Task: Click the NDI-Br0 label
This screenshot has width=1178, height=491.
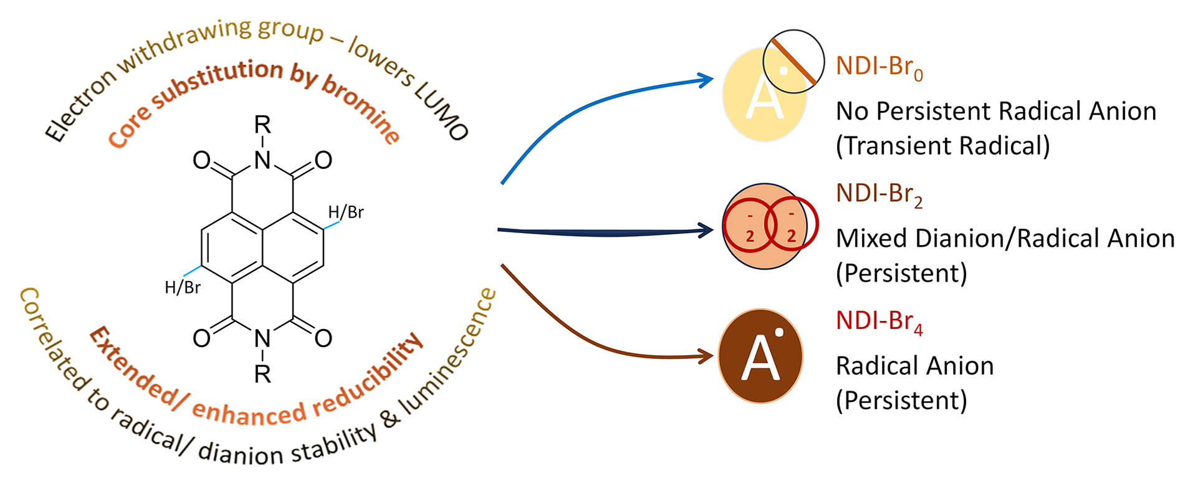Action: [879, 67]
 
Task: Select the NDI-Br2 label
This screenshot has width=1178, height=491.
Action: [879, 194]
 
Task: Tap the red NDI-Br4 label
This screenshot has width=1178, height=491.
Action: [879, 322]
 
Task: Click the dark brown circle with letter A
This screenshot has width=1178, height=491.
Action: [760, 356]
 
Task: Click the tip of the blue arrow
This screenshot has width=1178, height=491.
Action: [713, 79]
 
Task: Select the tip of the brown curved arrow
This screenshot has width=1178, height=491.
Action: [713, 356]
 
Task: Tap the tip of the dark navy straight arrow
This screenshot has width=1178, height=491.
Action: [713, 230]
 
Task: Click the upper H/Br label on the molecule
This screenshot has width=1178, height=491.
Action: [346, 212]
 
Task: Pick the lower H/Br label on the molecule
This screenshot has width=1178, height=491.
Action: [183, 287]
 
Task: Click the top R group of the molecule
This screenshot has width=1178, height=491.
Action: [262, 125]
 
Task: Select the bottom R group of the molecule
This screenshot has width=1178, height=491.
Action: [262, 374]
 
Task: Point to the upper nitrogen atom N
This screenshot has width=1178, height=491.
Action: [262, 161]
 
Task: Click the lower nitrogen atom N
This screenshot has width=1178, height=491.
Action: [262, 338]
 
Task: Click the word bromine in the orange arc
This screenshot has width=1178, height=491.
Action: [362, 110]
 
